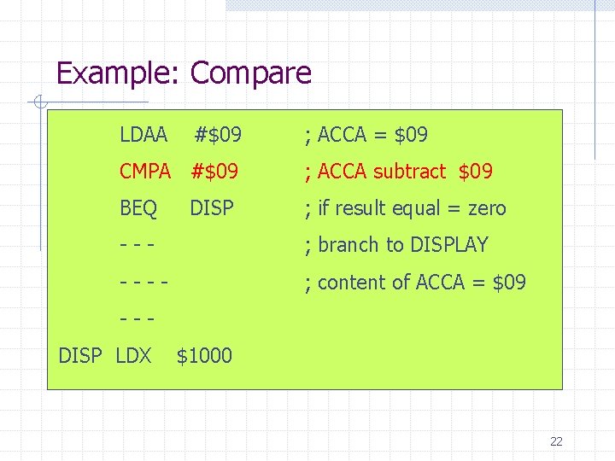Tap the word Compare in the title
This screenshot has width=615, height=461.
[x=250, y=73]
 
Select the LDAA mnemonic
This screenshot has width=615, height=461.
[x=143, y=135]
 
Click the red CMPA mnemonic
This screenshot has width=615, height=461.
[x=145, y=172]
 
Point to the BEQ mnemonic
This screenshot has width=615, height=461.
[x=138, y=208]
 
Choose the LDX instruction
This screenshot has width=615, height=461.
[x=132, y=355]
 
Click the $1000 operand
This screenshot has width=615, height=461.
[x=204, y=355]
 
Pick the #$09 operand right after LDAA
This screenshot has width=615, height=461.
[x=219, y=135]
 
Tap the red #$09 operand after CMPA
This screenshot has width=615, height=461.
[x=214, y=172]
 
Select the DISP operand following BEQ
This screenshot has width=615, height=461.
[x=212, y=208]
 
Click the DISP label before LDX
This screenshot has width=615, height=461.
[x=80, y=355]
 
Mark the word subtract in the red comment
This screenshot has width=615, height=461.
[x=409, y=172]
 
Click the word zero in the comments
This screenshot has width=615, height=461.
[x=487, y=208]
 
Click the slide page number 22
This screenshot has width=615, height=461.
[x=556, y=441]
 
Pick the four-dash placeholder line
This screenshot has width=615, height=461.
[x=143, y=282]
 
